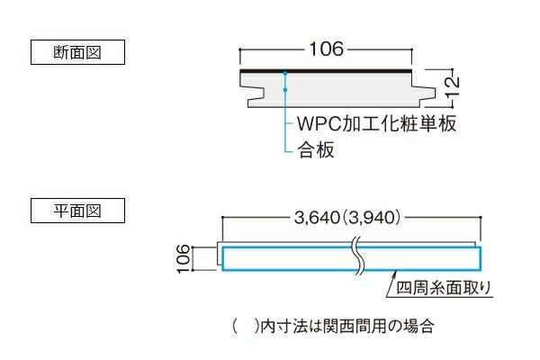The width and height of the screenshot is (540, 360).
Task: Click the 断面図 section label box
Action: tap(76, 52)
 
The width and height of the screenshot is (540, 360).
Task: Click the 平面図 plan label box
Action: tap(76, 212)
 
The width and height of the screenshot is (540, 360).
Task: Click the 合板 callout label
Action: tap(316, 150)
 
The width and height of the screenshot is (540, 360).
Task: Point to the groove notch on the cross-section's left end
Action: tap(255, 90)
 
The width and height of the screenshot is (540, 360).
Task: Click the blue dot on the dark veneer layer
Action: tap(284, 72)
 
